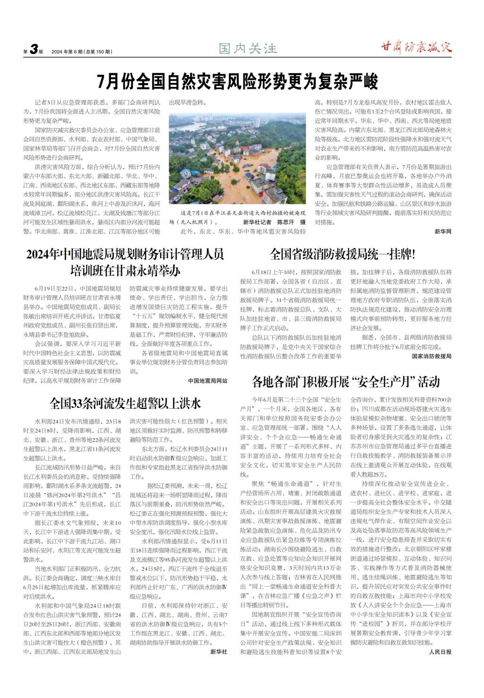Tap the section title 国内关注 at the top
(248, 48)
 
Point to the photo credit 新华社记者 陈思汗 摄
(275, 222)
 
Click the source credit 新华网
(443, 232)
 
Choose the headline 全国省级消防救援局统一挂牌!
(343, 254)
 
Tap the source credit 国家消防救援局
(432, 356)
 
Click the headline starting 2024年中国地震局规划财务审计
(125, 255)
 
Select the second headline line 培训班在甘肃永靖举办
(125, 271)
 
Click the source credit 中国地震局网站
(207, 380)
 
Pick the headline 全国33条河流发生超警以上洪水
(125, 403)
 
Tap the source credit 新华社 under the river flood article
(219, 652)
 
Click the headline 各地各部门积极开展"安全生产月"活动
(346, 381)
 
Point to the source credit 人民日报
(441, 652)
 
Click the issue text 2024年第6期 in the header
(67, 51)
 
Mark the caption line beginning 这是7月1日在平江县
(241, 213)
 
